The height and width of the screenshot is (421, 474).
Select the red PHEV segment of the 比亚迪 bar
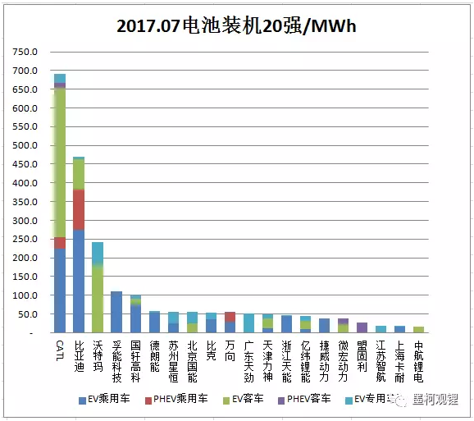pyautogui.click(x=79, y=209)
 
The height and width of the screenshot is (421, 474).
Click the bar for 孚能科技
pyautogui.click(x=116, y=312)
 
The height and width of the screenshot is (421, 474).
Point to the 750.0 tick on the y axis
pyautogui.click(x=26, y=52)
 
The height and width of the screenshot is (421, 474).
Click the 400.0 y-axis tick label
pyautogui.click(x=26, y=183)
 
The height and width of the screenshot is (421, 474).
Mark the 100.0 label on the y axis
pyautogui.click(x=26, y=295)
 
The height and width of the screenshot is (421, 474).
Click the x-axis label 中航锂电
pyautogui.click(x=419, y=361)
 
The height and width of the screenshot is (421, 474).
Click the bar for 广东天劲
pyautogui.click(x=249, y=323)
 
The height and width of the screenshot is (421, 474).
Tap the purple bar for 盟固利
pyautogui.click(x=362, y=327)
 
